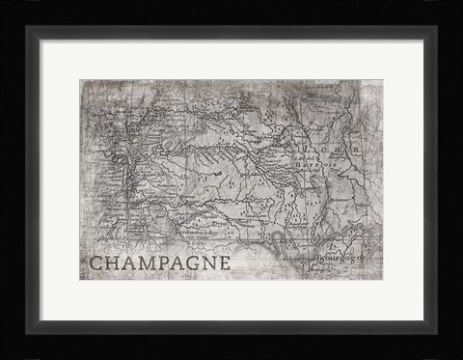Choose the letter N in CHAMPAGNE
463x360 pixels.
pyautogui.click(x=211, y=263)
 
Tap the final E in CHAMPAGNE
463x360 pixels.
pyautogui.click(x=226, y=263)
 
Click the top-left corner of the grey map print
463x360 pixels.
pyautogui.click(x=81, y=80)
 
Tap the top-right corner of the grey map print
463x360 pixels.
pyautogui.click(x=382, y=80)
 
